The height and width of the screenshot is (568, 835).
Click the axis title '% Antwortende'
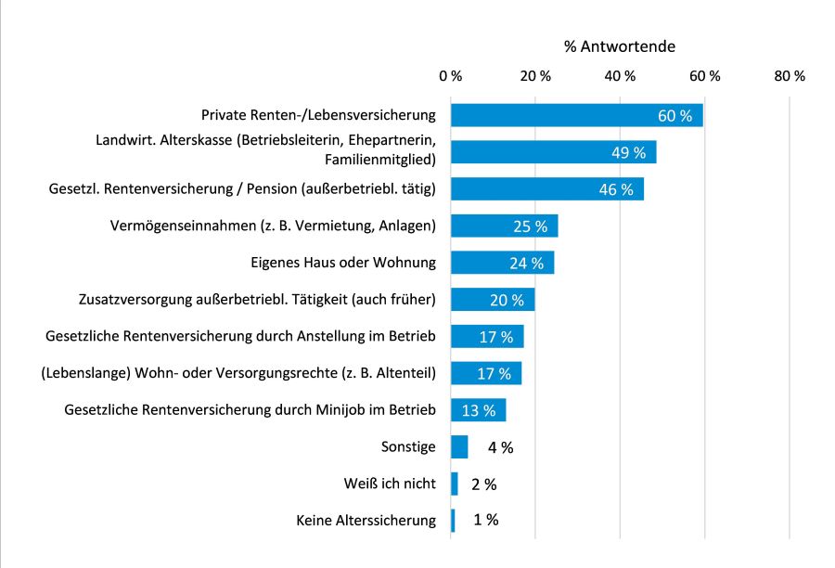coord(619,45)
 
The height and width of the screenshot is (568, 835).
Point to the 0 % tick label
coord(451,76)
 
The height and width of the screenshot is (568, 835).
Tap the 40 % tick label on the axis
coord(620,76)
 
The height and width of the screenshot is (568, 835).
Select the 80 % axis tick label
coord(789,76)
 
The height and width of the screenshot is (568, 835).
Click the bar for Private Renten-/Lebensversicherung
coord(576,115)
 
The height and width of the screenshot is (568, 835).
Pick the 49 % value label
coord(628,153)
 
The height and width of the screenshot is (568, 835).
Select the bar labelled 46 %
coord(546,189)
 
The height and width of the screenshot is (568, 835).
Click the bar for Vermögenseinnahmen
coord(504,226)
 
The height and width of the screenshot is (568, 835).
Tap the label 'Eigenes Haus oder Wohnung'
coord(344,263)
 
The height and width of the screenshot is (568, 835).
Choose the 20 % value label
coord(507,300)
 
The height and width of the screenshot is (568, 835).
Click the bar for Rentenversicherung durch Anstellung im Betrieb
coord(487,336)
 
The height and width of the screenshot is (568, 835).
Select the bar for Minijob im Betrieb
coord(478,409)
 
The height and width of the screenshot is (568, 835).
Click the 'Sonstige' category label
coord(407,446)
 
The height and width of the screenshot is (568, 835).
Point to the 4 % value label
coord(500,447)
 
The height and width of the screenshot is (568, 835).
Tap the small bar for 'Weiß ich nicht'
coord(455,484)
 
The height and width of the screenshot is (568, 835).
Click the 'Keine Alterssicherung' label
coord(366,521)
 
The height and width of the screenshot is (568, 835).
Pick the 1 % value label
coord(485,521)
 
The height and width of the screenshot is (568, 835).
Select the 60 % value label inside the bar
coord(675,116)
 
